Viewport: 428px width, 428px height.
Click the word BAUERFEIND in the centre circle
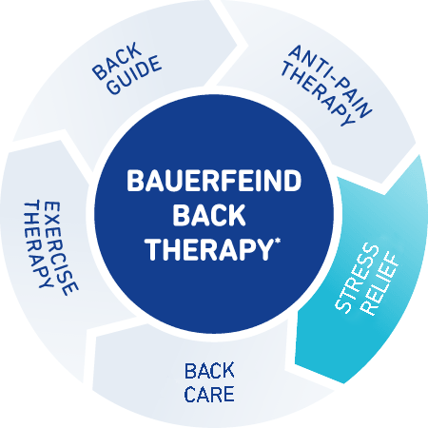coord(214,181)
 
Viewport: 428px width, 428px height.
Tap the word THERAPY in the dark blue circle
coord(208,249)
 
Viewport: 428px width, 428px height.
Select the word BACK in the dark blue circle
coord(209,215)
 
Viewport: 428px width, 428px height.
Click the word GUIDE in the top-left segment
coord(134,75)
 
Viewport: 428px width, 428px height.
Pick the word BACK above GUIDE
coord(117,60)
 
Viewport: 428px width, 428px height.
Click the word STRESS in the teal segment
coord(357,279)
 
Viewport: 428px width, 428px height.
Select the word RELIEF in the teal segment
coord(380,284)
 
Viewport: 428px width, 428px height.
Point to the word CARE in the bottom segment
coord(209,394)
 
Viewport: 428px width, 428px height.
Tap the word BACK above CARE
coord(209,371)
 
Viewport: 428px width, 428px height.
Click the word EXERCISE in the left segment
coord(60,248)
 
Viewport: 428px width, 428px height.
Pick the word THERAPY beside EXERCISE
coord(37,243)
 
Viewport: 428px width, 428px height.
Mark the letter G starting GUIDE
coord(113,88)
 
